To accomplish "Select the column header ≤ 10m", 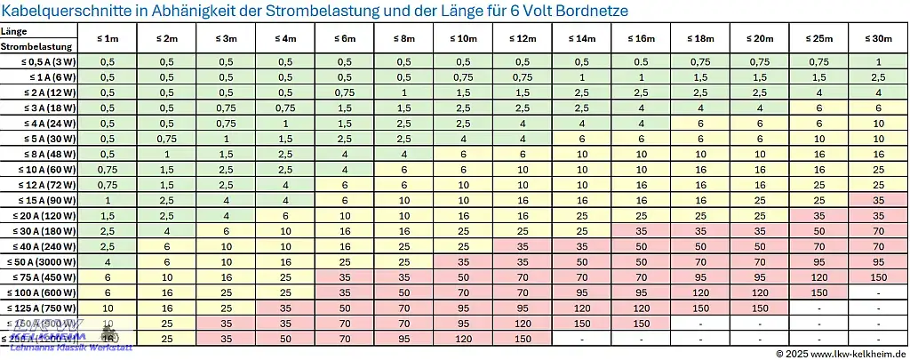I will [463, 39].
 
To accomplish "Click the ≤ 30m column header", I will [878, 39].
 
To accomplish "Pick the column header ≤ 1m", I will [108, 39].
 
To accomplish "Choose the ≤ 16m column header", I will [641, 39].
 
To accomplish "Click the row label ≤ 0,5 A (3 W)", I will [50, 62].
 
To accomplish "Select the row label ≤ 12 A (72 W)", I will [48, 185].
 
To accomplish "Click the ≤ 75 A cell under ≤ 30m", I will [878, 277].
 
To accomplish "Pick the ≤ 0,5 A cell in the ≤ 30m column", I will [878, 62].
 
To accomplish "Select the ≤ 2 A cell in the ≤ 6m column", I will [345, 92].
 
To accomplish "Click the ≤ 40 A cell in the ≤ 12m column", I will [523, 246].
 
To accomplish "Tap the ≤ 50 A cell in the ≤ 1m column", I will [108, 262].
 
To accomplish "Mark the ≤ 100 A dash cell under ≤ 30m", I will [878, 292].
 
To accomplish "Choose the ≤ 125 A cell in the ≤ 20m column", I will [760, 308].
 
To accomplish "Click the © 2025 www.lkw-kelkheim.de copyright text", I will [840, 353].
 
